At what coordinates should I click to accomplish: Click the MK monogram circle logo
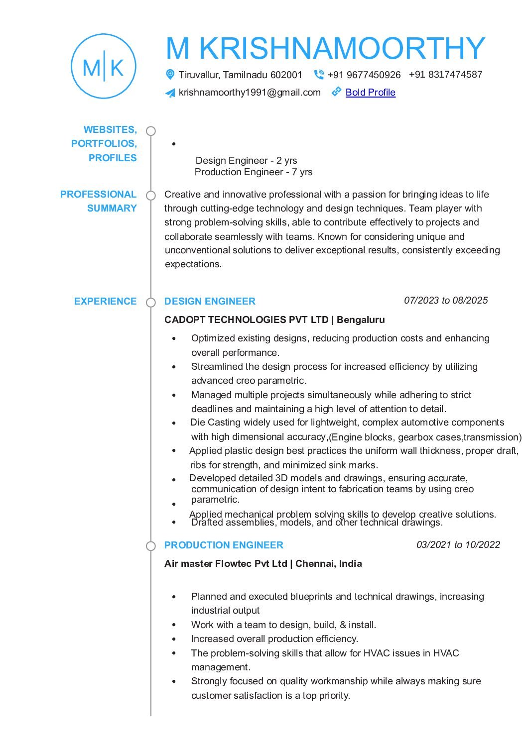pos(104,66)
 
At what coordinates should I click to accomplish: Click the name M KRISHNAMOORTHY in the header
pos(325,48)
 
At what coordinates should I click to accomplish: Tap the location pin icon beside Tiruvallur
pos(170,75)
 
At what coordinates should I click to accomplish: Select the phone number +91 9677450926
pos(364,75)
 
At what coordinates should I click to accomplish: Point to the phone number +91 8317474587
pos(445,75)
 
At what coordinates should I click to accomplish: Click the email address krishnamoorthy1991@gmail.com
pos(250,93)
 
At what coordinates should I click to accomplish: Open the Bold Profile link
pos(370,93)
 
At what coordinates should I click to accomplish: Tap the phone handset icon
pos(319,75)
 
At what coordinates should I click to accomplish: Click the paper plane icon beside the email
pos(170,93)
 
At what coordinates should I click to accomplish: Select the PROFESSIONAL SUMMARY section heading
pos(99,201)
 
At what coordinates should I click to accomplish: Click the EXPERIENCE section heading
pos(105,302)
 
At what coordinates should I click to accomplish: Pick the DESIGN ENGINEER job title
pos(210,302)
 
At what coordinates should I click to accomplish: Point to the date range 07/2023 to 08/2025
pos(446,301)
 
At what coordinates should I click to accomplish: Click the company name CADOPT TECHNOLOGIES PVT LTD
pos(246,320)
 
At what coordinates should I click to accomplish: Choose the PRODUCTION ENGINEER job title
pos(224,545)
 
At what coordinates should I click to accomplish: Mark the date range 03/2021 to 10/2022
pos(458,545)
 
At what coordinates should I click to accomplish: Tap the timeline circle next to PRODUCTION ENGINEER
pos(150,546)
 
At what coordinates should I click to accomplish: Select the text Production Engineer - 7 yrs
pos(254,172)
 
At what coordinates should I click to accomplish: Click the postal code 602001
pos(286,75)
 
